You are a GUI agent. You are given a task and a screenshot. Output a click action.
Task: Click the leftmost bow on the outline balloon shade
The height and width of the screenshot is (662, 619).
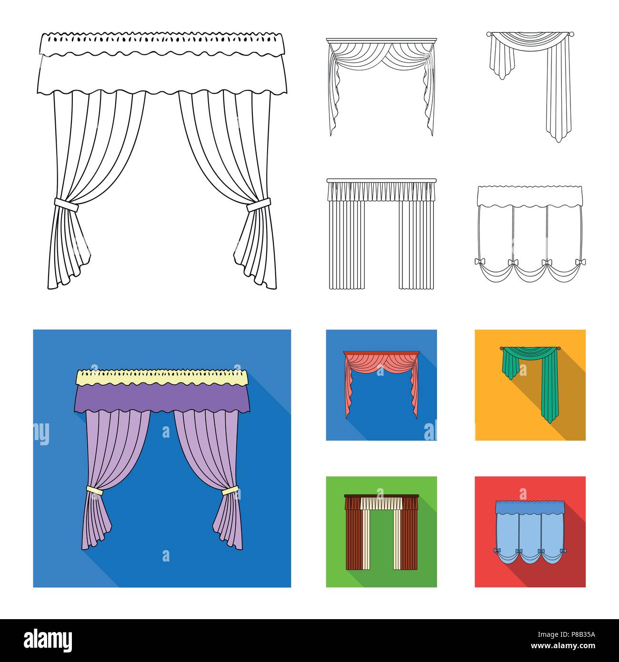pyautogui.click(x=479, y=261)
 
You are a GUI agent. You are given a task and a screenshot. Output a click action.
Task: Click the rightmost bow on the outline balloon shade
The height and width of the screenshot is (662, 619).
pyautogui.click(x=579, y=261)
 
